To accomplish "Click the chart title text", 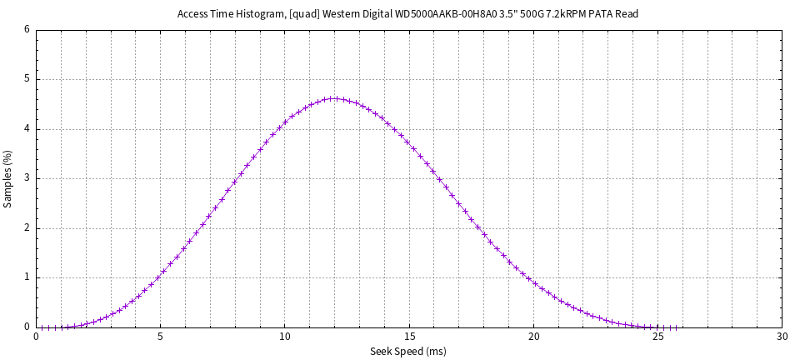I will click(x=407, y=14).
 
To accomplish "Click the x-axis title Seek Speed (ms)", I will click(x=407, y=352).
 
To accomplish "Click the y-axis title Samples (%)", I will click(x=8, y=178).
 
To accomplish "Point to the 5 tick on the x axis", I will click(x=161, y=337).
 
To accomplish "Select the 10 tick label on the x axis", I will click(x=285, y=337).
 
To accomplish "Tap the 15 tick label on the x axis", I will click(x=409, y=337).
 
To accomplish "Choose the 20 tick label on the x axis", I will click(x=533, y=337).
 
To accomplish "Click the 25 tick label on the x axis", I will click(x=657, y=337).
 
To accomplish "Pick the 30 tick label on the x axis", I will click(x=782, y=337).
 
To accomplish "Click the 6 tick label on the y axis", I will click(x=27, y=30).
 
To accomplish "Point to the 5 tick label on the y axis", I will click(x=27, y=80).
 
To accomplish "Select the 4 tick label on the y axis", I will click(x=27, y=129).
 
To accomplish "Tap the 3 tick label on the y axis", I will click(x=27, y=178).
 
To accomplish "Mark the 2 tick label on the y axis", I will click(x=27, y=228).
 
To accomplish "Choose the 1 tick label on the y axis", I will click(x=27, y=277).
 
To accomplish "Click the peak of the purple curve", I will click(x=334, y=98).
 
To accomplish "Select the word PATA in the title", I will click(x=598, y=14).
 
